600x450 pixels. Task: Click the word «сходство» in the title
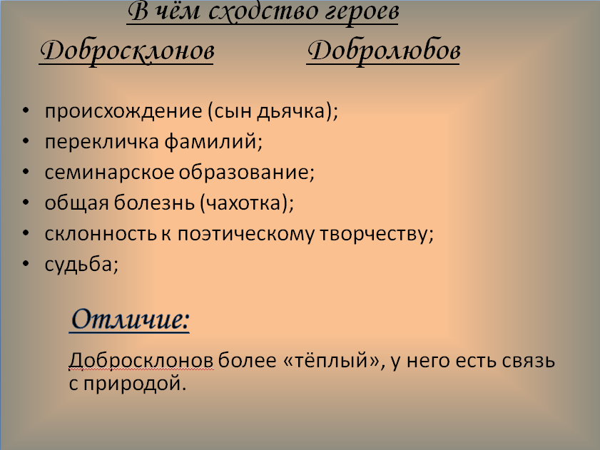click(x=264, y=11)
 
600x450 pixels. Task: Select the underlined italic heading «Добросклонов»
click(x=127, y=51)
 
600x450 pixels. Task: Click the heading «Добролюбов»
click(x=383, y=51)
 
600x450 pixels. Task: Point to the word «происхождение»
click(x=123, y=112)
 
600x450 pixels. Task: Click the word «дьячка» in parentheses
click(x=290, y=112)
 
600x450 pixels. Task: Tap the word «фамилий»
click(x=211, y=142)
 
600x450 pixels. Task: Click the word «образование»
click(x=243, y=172)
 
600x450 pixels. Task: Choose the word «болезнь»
click(x=154, y=203)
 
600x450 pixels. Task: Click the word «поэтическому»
click(x=245, y=234)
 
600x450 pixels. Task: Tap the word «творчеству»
click(x=374, y=234)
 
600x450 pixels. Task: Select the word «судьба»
click(x=78, y=265)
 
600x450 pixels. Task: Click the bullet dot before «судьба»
click(x=26, y=264)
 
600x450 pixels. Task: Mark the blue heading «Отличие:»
click(x=130, y=319)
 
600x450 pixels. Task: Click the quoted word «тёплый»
click(x=330, y=360)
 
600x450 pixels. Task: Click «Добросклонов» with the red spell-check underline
click(x=141, y=360)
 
